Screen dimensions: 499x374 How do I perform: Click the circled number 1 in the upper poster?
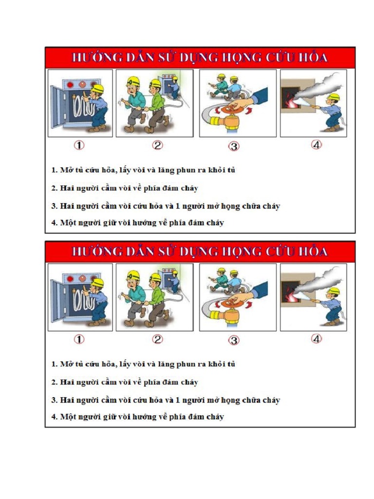click(x=79, y=145)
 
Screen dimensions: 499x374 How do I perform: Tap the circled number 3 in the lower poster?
click(x=234, y=341)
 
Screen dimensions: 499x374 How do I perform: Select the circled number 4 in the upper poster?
click(x=317, y=145)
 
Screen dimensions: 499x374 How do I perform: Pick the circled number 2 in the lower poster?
click(x=157, y=339)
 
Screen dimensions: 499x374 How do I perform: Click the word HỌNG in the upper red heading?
click(x=236, y=58)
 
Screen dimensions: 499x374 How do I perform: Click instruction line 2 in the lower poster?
click(x=125, y=382)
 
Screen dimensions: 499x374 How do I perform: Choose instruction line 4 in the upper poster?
click(x=137, y=223)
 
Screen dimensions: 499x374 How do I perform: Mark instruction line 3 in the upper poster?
click(x=166, y=206)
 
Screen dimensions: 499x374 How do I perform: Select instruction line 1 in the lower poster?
click(x=143, y=364)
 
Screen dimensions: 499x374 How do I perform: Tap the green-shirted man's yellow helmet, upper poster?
click(x=155, y=83)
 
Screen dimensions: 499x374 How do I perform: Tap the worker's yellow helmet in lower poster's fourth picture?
click(x=334, y=291)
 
